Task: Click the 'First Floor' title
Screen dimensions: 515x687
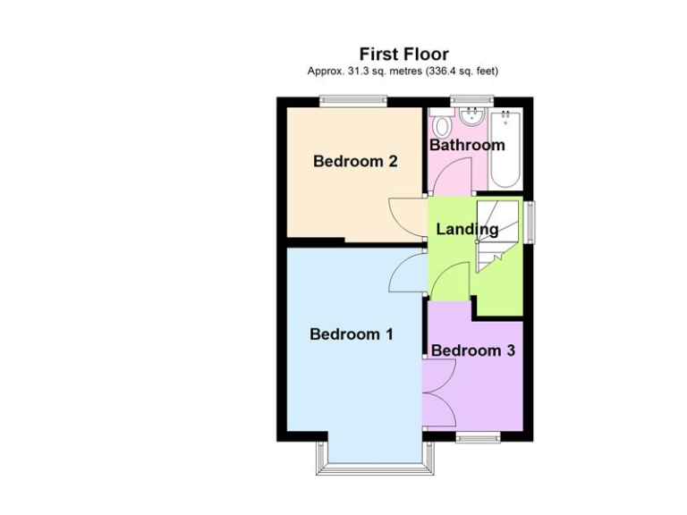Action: (403, 55)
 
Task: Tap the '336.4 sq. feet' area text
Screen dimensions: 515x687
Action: (455, 71)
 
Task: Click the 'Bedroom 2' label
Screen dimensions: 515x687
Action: (355, 162)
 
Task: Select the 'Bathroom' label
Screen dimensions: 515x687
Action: (467, 145)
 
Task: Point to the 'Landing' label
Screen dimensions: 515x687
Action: (467, 230)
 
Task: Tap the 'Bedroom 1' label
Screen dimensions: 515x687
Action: (352, 334)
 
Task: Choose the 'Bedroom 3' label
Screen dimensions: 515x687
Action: (473, 350)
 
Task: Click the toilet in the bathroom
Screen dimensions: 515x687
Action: (440, 120)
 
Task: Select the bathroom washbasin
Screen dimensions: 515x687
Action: (471, 118)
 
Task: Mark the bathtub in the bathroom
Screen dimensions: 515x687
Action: (505, 148)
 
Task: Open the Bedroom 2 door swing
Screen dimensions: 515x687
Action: (406, 216)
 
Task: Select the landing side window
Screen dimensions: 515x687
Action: (530, 220)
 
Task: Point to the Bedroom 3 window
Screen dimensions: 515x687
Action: (479, 438)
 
